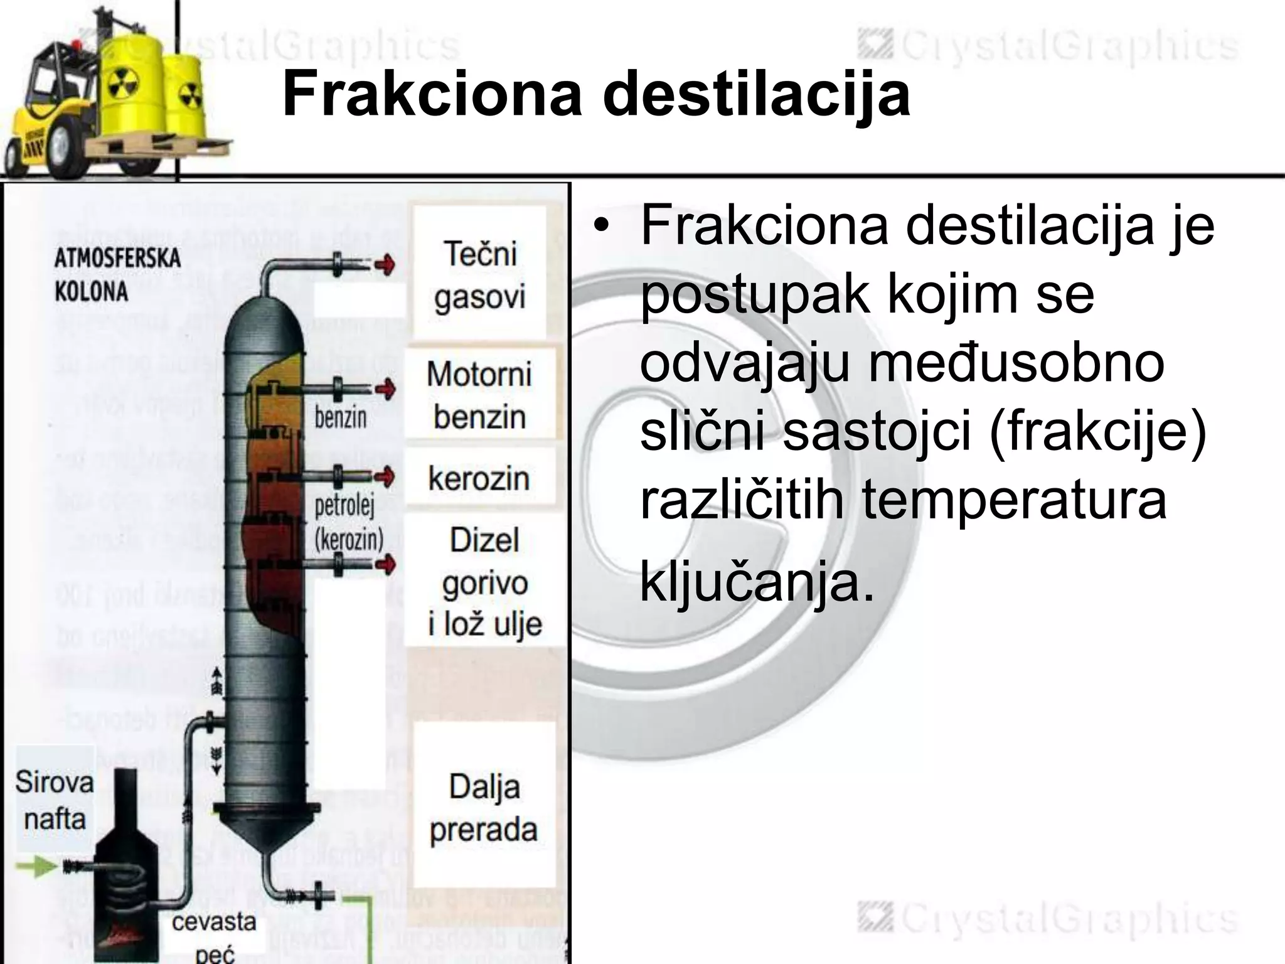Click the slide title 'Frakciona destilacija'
pyautogui.click(x=595, y=94)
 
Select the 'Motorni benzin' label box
pyautogui.click(x=479, y=395)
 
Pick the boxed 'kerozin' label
pyautogui.click(x=479, y=479)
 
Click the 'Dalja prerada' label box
pyautogui.click(x=484, y=808)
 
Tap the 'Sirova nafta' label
pyautogui.click(x=55, y=800)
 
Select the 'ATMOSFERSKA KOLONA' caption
pyautogui.click(x=117, y=274)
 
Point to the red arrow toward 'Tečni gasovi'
pyautogui.click(x=384, y=265)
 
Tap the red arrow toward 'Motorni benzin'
pyautogui.click(x=385, y=389)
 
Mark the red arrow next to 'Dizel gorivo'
pyautogui.click(x=385, y=564)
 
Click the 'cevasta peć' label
pyautogui.click(x=213, y=938)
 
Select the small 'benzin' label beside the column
pyautogui.click(x=341, y=417)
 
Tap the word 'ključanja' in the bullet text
pyautogui.click(x=756, y=583)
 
